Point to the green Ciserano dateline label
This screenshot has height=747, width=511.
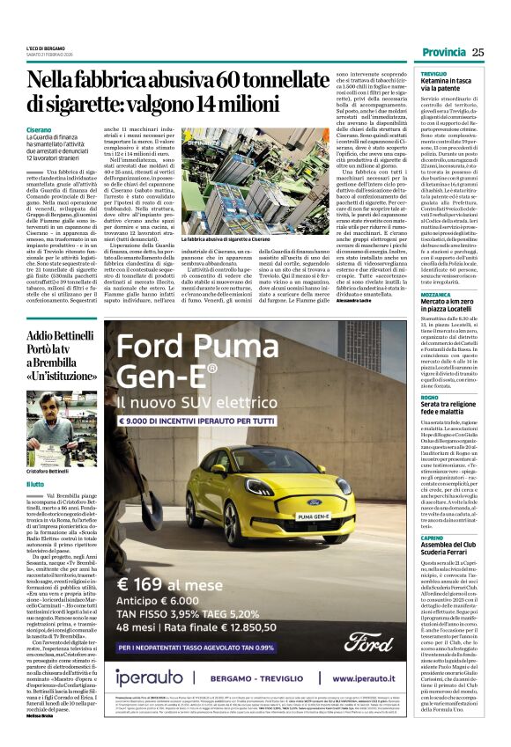tap(39, 129)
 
